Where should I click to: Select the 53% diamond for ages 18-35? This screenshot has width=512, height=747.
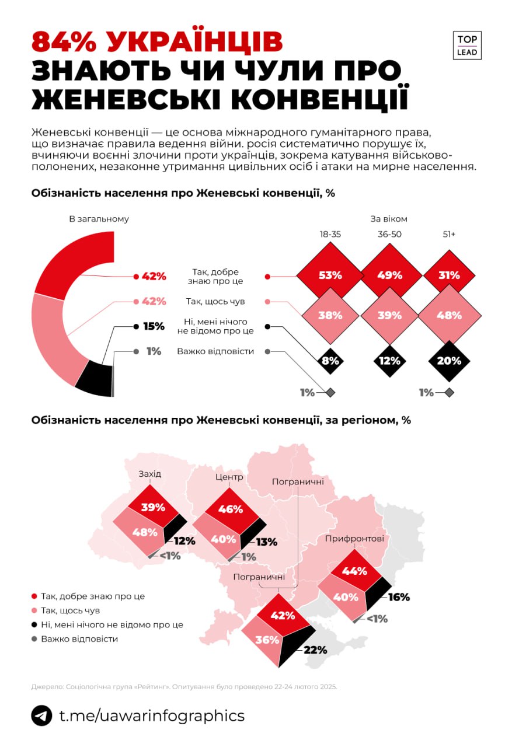330,275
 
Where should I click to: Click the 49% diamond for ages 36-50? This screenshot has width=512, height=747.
389,275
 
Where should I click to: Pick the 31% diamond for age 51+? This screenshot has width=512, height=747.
449,275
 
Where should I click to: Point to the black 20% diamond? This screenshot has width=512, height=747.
449,361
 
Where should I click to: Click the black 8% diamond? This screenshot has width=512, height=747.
330,361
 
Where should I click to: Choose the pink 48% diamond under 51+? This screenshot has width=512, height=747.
449,315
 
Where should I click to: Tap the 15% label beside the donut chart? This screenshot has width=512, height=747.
154,326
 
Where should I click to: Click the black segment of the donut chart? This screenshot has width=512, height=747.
93,378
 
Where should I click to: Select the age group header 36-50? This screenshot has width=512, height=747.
389,234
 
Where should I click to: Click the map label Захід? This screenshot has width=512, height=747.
149,474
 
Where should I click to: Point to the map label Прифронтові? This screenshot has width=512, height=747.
354,539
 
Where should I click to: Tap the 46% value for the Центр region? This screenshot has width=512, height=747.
230,509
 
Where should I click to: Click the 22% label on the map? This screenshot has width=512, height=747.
315,650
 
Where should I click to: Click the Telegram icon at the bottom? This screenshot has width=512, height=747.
41,715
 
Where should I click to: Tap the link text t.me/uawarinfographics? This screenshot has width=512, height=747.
152,715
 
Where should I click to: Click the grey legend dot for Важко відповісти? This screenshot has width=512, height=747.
34,639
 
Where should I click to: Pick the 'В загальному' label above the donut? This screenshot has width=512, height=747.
99,219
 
